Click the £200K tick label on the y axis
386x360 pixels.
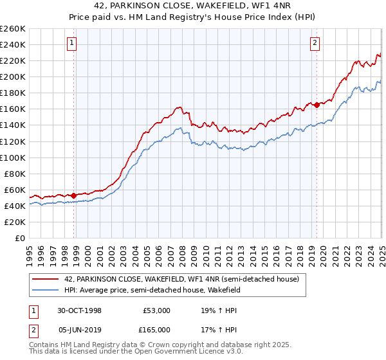13,76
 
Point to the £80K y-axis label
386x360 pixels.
15,174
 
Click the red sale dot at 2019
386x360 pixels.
317,105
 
